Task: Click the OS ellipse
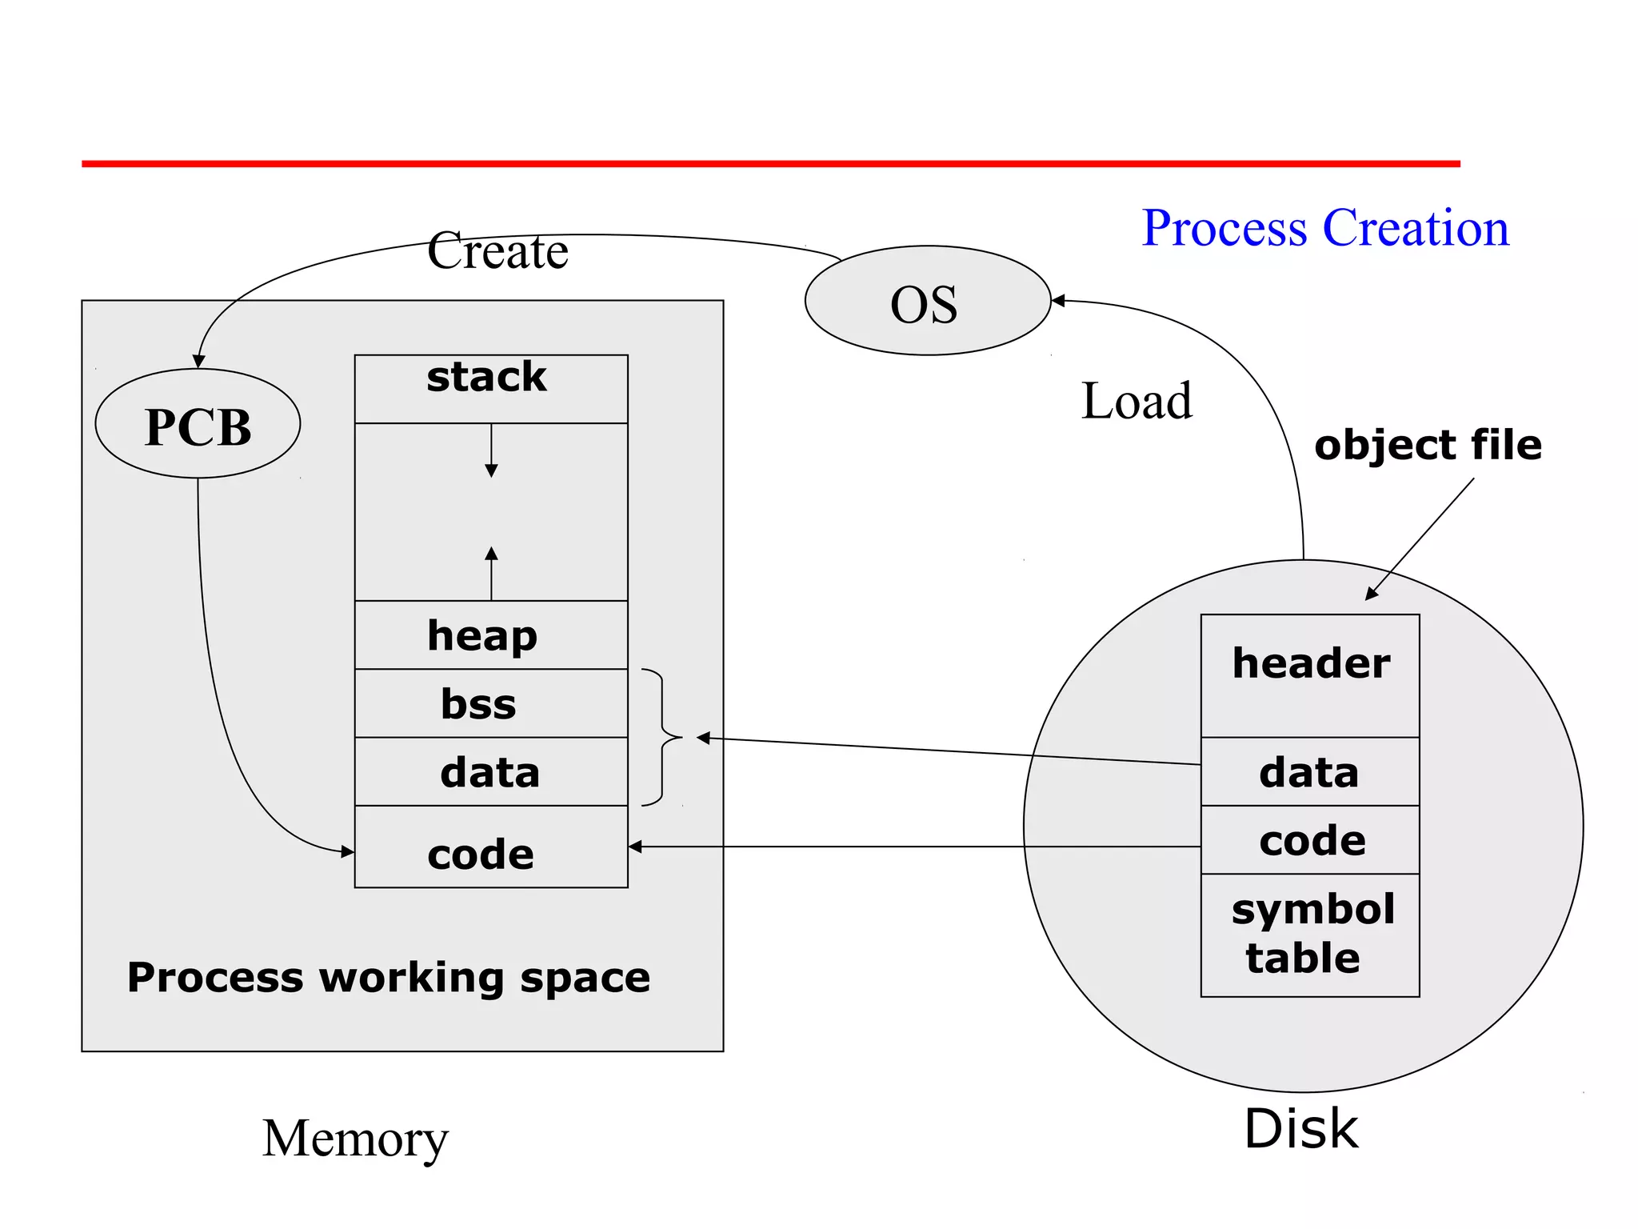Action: (927, 301)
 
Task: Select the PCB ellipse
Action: (198, 424)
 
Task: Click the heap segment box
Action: (490, 635)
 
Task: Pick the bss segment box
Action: (490, 703)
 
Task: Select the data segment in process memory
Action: (490, 771)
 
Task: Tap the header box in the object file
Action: (1309, 675)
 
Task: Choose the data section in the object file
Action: (1309, 771)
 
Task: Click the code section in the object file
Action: (1309, 839)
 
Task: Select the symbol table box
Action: (1309, 935)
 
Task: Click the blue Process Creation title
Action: (1324, 228)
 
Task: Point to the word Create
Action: (497, 251)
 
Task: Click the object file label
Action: (1427, 445)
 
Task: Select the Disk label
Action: (1300, 1129)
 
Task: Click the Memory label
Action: (355, 1139)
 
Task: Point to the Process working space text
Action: (389, 978)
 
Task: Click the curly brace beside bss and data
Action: (663, 737)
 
